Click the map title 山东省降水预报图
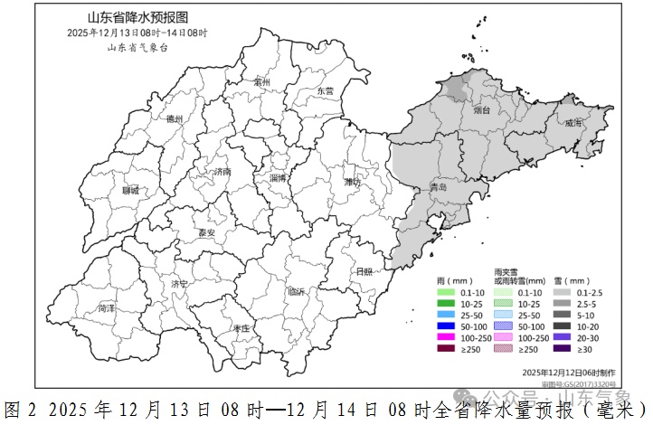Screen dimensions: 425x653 pyautogui.click(x=137, y=18)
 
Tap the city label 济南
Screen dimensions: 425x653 pyautogui.click(x=220, y=172)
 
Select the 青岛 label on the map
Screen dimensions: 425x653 pyautogui.click(x=439, y=188)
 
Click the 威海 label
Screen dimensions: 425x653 pyautogui.click(x=573, y=124)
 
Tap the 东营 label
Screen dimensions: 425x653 pyautogui.click(x=326, y=91)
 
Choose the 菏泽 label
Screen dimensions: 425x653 pyautogui.click(x=106, y=308)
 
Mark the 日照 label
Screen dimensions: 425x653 pyautogui.click(x=365, y=271)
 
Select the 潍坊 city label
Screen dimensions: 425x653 pyautogui.click(x=352, y=182)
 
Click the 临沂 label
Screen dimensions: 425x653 pyautogui.click(x=296, y=291)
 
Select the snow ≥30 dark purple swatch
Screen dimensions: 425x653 pyautogui.click(x=560, y=349)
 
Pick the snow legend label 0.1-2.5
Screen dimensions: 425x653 pyautogui.click(x=589, y=292)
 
